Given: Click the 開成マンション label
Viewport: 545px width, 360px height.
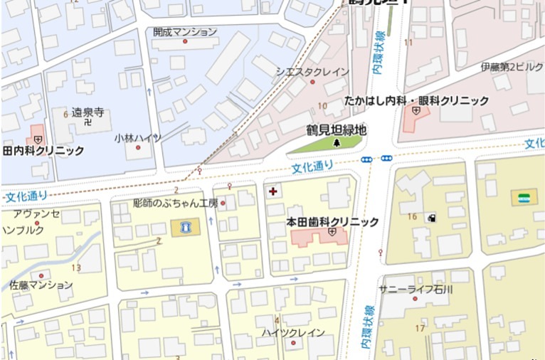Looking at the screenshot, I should [185, 32].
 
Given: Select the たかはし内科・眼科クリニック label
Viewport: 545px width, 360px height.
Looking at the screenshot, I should [416, 101].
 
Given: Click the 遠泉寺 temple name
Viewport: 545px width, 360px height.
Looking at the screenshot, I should [88, 112].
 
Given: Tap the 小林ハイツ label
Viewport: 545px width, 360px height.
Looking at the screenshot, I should [137, 138].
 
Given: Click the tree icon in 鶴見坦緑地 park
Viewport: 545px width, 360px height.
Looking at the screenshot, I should [337, 143].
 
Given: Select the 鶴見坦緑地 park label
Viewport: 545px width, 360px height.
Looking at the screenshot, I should [337, 130].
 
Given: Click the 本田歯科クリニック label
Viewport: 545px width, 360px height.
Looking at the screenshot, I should [332, 222].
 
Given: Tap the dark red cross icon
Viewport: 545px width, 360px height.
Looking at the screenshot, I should [273, 192].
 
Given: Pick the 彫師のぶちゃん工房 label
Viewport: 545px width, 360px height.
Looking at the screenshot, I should [175, 203].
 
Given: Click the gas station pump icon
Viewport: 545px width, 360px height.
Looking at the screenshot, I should [432, 218].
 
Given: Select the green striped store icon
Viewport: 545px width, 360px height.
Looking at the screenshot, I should [524, 197].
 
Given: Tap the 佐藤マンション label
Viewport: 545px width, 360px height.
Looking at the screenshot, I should [41, 285].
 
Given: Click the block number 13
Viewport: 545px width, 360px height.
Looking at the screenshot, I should [76, 268].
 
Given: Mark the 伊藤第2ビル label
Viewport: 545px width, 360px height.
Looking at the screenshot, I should [512, 67].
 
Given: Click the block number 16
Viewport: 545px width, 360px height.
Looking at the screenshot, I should [412, 216].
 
